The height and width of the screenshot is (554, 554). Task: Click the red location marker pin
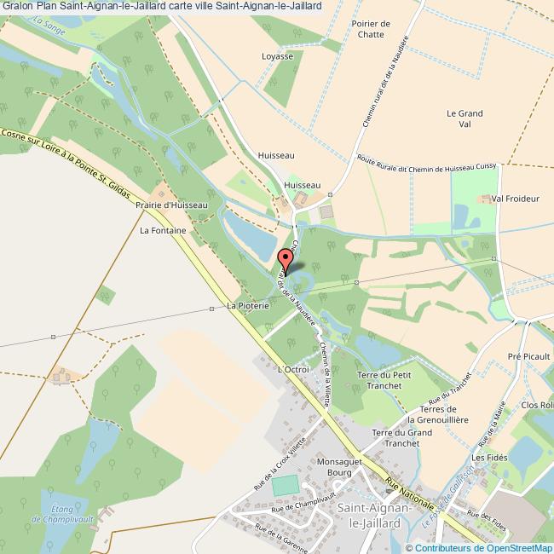click(286, 260)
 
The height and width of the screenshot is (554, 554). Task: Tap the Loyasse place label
click(277, 57)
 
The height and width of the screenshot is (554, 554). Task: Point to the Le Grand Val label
click(465, 118)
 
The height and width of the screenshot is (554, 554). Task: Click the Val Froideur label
click(516, 199)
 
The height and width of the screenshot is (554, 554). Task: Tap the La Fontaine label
click(163, 230)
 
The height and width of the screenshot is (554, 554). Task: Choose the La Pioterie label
click(248, 304)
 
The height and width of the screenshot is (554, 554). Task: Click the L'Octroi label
click(292, 369)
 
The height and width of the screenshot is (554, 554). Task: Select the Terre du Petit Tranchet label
click(384, 381)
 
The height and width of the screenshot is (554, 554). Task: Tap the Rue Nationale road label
click(407, 493)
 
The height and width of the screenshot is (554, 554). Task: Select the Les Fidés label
click(490, 458)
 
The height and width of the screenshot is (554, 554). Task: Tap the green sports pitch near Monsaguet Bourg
click(286, 486)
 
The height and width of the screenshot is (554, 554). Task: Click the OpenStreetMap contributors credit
click(480, 547)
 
